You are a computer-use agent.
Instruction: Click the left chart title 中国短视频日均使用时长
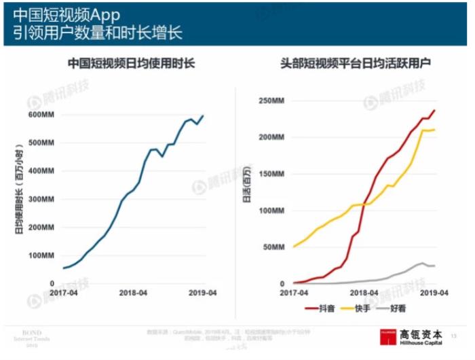click(x=132, y=64)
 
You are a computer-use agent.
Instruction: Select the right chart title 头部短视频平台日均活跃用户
click(x=357, y=64)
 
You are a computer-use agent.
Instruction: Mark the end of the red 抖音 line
click(x=435, y=110)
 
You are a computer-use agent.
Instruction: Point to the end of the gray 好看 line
click(x=435, y=265)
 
